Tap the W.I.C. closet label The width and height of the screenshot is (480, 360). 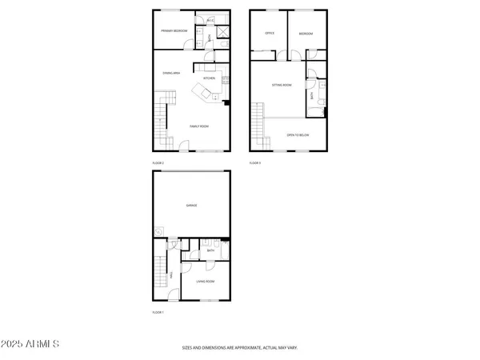tap(210, 20)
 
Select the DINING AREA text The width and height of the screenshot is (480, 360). tap(171, 73)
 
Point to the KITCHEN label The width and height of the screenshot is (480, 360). tap(209, 78)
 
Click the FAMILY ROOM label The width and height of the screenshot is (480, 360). tap(198, 126)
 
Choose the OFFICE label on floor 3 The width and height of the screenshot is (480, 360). tap(270, 34)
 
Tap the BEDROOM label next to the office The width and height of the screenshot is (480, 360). tap(305, 34)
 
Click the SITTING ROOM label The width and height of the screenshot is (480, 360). tap(282, 85)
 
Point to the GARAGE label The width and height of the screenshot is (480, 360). tap(192, 206)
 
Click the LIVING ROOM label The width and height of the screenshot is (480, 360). tap(206, 282)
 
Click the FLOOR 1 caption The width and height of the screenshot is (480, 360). tap(158, 312)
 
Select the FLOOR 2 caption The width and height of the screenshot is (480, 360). tap(158, 162)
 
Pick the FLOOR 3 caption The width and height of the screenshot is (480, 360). tap(254, 162)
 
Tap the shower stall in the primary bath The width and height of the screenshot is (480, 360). tap(223, 37)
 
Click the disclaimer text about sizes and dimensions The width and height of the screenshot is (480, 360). tap(240, 348)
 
